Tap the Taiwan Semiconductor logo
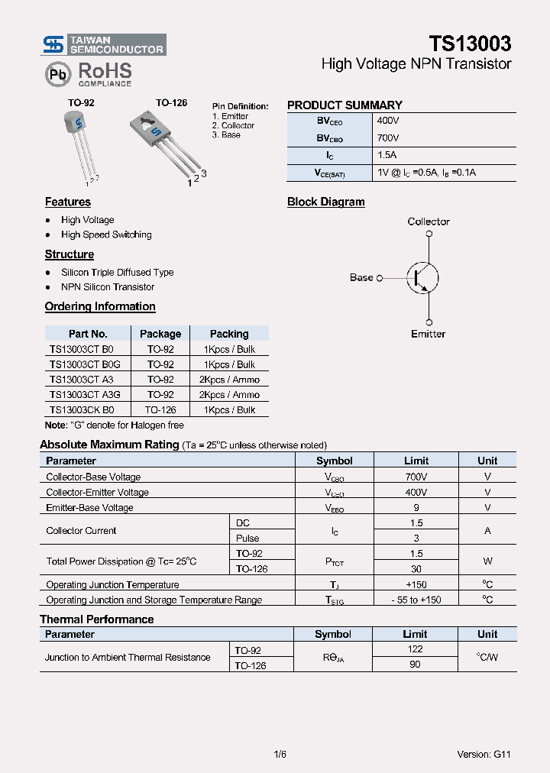[103, 44]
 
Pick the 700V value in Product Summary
[388, 138]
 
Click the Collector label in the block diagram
[429, 222]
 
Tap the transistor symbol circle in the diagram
[421, 277]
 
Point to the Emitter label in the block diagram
[428, 334]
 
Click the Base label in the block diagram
[361, 277]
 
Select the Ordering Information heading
[100, 306]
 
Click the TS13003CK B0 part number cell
[82, 410]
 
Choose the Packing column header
[229, 334]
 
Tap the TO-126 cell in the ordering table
[160, 410]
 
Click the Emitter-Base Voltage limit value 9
[416, 507]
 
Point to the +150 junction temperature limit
[416, 584]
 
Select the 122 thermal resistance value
[416, 649]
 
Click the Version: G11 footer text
[484, 754]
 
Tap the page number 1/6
[280, 754]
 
